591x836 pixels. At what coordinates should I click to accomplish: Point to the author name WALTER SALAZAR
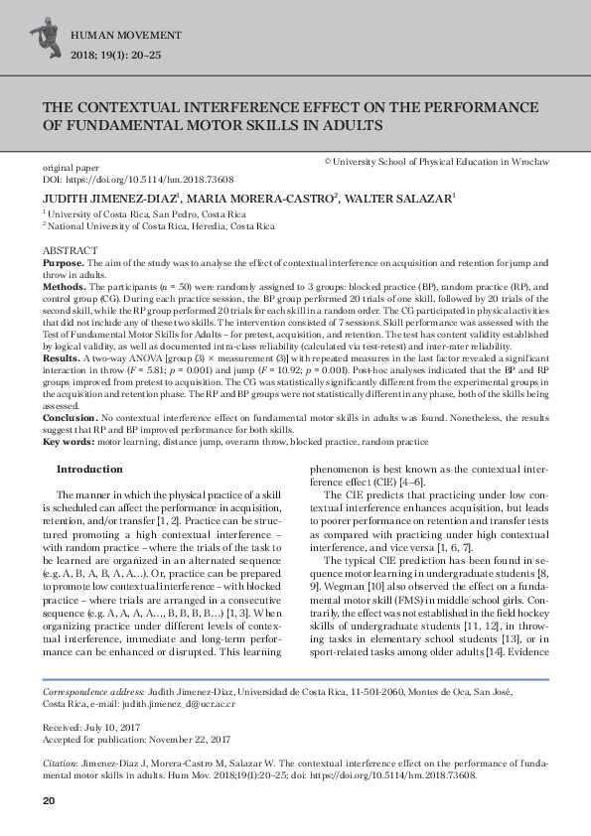click(x=399, y=199)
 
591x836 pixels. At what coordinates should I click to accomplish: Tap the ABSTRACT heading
click(x=70, y=249)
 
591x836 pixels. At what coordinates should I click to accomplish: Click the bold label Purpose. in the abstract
click(x=62, y=261)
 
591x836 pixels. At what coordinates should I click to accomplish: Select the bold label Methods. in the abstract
click(x=63, y=284)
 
